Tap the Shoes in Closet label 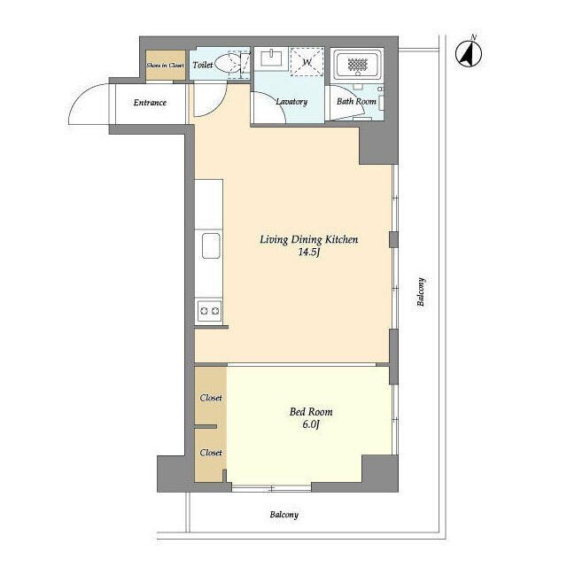click(166, 66)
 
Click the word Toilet click(203, 65)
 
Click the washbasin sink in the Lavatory click(271, 58)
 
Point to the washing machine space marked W click(307, 62)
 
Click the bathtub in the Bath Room click(358, 65)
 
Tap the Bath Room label click(356, 101)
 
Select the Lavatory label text click(291, 102)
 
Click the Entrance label click(150, 103)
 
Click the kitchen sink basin click(211, 246)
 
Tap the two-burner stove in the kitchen click(209, 311)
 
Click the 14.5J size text click(309, 252)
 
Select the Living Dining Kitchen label click(309, 239)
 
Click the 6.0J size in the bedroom click(311, 424)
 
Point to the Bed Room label click(311, 411)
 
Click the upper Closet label click(211, 398)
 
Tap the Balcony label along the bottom click(284, 515)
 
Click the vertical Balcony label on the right click(421, 291)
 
